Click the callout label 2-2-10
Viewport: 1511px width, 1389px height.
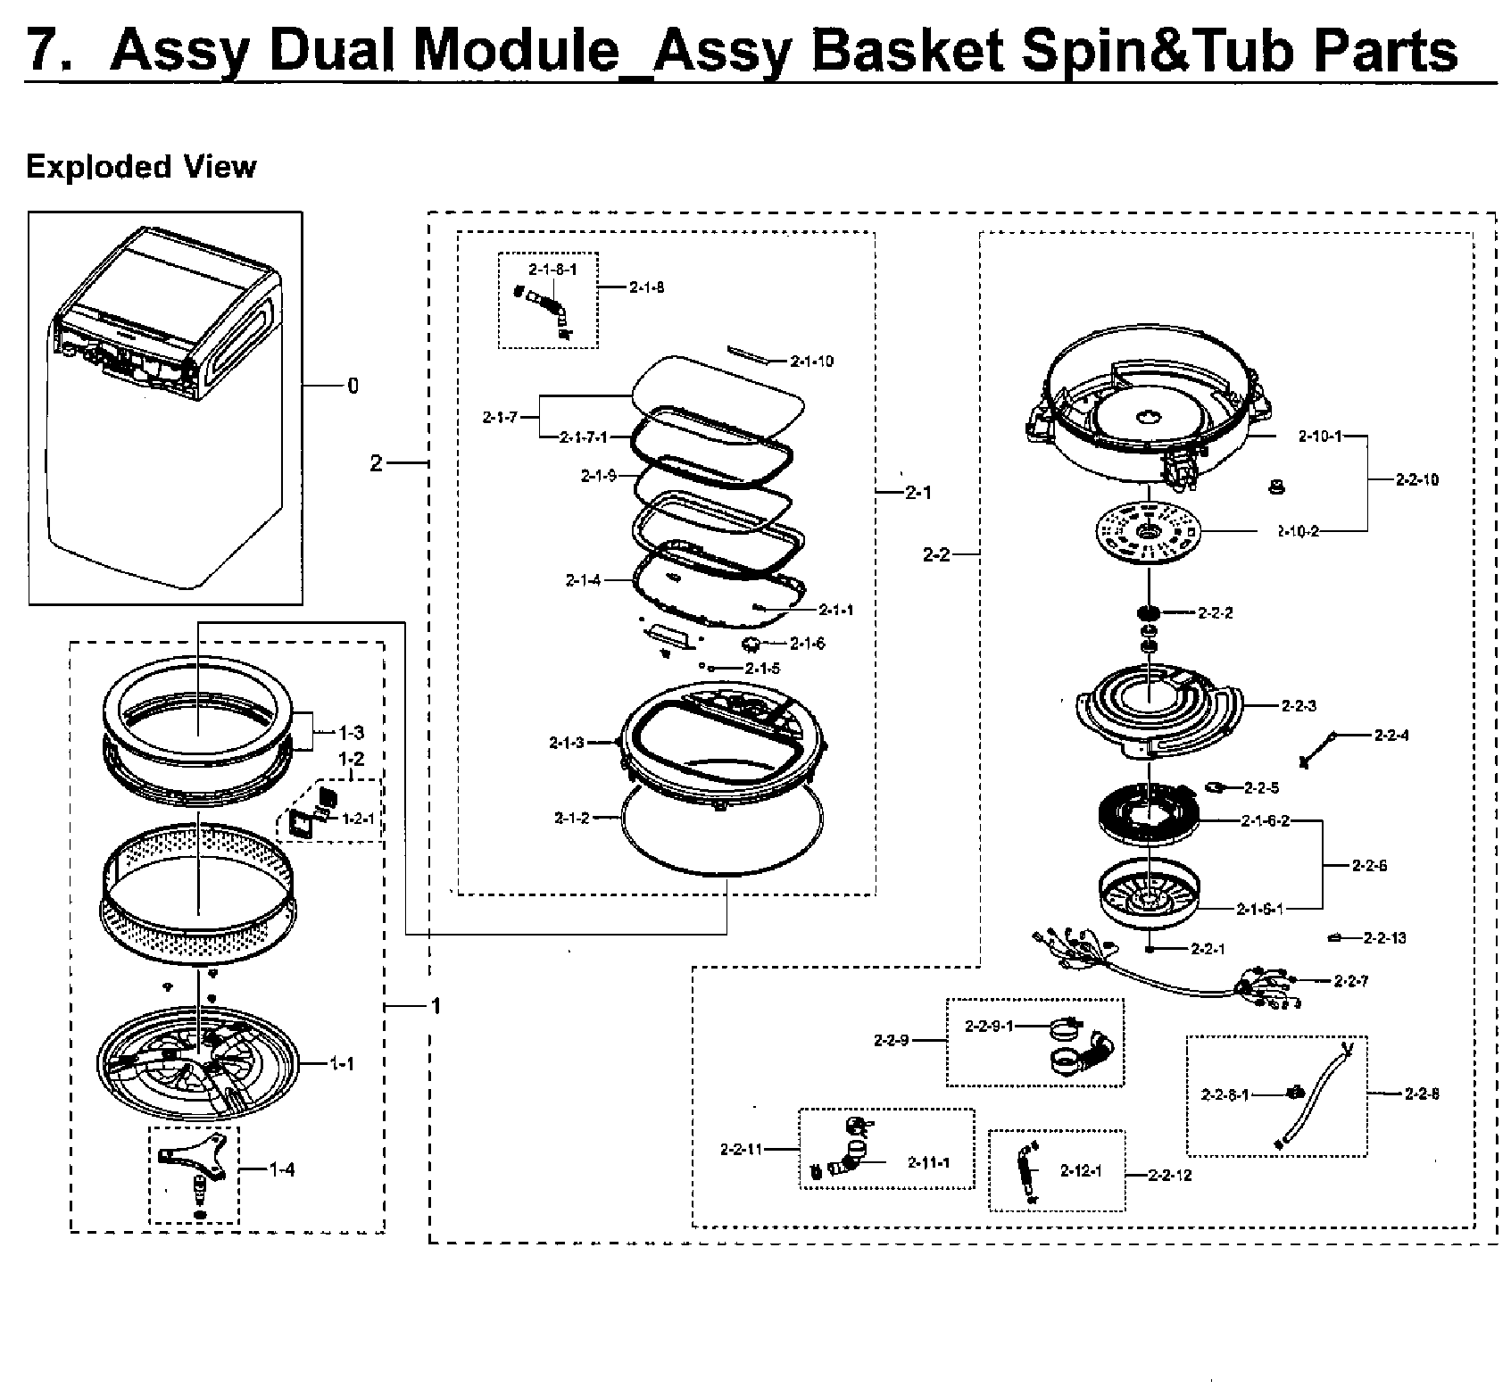(x=1417, y=480)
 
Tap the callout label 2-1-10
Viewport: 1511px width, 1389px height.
(x=811, y=362)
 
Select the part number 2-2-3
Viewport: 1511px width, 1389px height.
(x=1299, y=706)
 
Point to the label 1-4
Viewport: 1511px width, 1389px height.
(x=282, y=1169)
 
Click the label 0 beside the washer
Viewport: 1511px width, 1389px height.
(x=353, y=386)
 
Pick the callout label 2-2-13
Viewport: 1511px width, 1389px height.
(x=1384, y=937)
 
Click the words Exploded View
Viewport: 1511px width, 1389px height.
(x=141, y=167)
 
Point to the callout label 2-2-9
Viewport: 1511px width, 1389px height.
(x=891, y=1040)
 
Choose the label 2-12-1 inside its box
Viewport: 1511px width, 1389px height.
(x=1080, y=1171)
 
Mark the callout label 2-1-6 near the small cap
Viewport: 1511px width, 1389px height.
(x=809, y=644)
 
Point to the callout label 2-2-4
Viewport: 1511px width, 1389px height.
(x=1391, y=736)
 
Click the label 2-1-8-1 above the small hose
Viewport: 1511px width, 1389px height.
(x=552, y=269)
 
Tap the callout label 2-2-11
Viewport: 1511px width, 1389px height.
(x=742, y=1149)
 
